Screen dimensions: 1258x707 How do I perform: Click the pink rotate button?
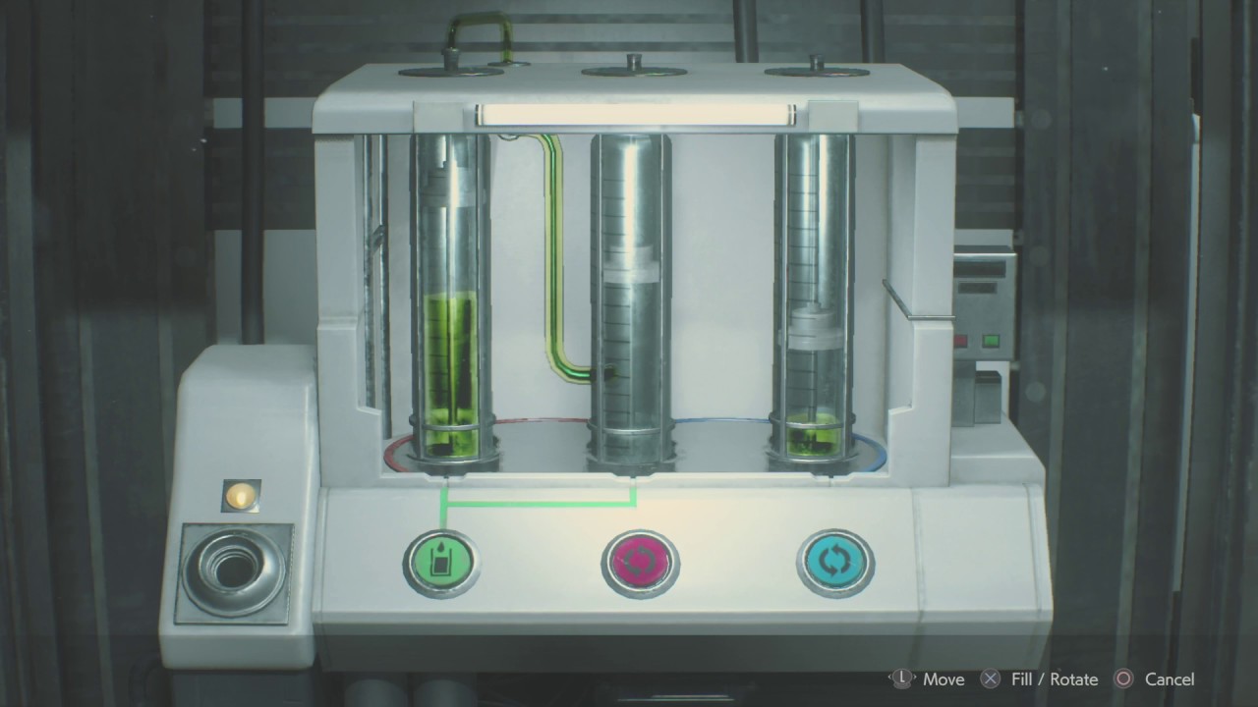[640, 563]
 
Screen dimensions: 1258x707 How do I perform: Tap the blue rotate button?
[835, 562]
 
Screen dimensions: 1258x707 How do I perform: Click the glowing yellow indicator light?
[242, 496]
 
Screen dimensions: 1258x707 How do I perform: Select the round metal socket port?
[234, 571]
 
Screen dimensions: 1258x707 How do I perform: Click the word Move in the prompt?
[943, 680]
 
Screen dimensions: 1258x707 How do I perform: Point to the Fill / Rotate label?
[1055, 680]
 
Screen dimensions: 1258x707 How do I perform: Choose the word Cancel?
[1170, 680]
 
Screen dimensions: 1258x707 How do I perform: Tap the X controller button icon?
[990, 679]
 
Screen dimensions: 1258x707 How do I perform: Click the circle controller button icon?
[1123, 679]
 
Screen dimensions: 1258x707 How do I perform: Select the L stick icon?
[902, 679]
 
